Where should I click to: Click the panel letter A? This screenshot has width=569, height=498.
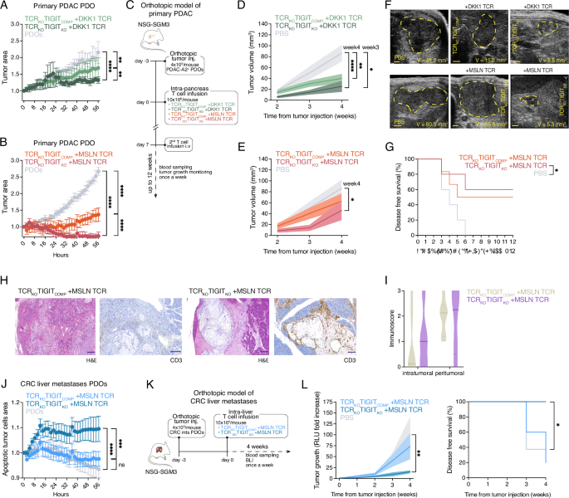click(6, 7)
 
